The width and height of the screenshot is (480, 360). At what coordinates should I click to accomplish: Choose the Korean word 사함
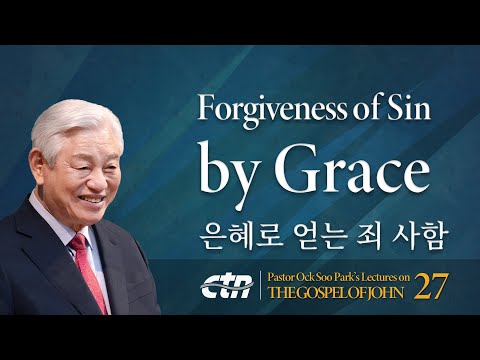point(421,239)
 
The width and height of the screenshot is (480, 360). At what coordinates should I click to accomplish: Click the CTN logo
point(227,285)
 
